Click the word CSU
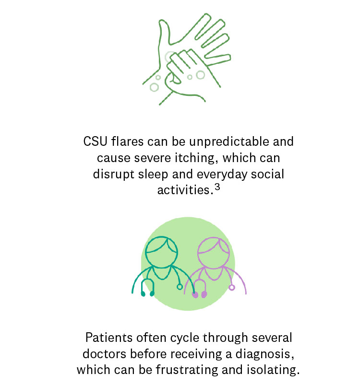click(x=96, y=141)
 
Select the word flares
click(x=127, y=141)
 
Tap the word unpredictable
click(x=229, y=142)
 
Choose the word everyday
click(x=222, y=174)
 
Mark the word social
click(x=267, y=174)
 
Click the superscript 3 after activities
click(x=217, y=187)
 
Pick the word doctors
click(x=105, y=354)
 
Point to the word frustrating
click(x=187, y=370)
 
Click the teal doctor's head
click(x=161, y=252)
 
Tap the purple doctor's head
click(x=214, y=253)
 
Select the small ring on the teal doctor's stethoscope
click(x=180, y=287)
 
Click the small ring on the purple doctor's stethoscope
click(x=232, y=287)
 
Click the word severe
click(x=153, y=158)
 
